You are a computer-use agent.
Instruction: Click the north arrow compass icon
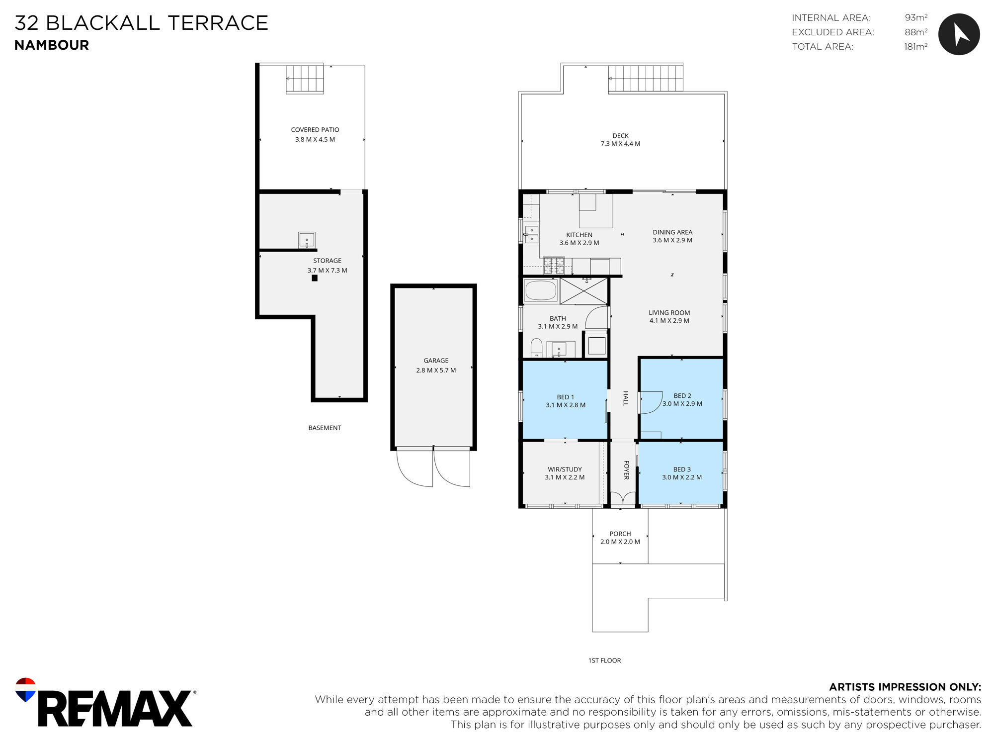(x=959, y=34)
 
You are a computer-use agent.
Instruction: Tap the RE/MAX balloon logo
(x=25, y=689)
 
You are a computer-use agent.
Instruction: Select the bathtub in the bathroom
(x=541, y=290)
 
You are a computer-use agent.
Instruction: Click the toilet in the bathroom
(x=536, y=347)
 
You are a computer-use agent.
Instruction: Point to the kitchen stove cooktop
(x=554, y=265)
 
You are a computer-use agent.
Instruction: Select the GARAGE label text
(x=436, y=361)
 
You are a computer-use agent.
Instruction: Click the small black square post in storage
(x=315, y=278)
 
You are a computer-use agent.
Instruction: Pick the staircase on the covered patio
(x=305, y=79)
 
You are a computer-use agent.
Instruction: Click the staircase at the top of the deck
(x=646, y=78)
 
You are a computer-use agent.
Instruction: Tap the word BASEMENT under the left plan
(x=325, y=428)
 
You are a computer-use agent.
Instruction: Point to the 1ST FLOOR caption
(x=604, y=660)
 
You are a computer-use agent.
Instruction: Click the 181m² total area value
(x=915, y=46)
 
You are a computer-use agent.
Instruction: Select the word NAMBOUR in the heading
(x=52, y=45)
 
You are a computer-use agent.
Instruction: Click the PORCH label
(x=620, y=534)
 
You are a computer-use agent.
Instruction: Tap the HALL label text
(x=626, y=398)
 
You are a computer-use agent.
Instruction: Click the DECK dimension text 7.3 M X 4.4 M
(x=620, y=144)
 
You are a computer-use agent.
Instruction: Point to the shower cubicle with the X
(x=584, y=291)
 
